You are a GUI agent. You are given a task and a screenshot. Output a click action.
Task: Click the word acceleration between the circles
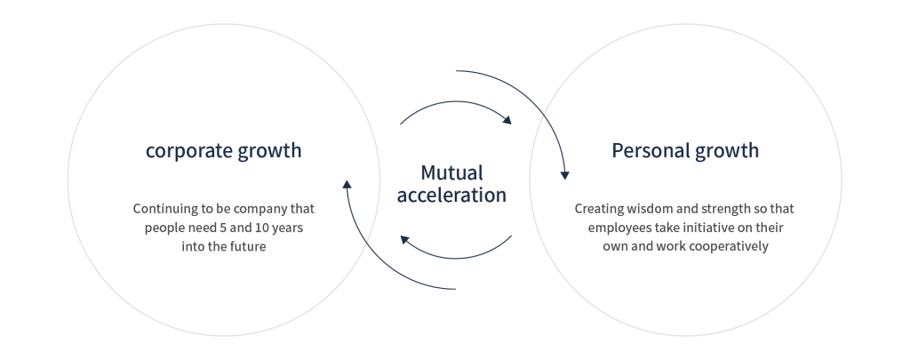[451, 195]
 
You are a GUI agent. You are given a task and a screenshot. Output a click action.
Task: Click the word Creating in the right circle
[600, 210]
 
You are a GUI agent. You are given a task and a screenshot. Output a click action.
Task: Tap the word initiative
[703, 229]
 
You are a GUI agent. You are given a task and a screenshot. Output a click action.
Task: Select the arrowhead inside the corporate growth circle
[347, 185]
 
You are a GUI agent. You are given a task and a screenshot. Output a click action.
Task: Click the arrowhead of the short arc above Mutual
[507, 121]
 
